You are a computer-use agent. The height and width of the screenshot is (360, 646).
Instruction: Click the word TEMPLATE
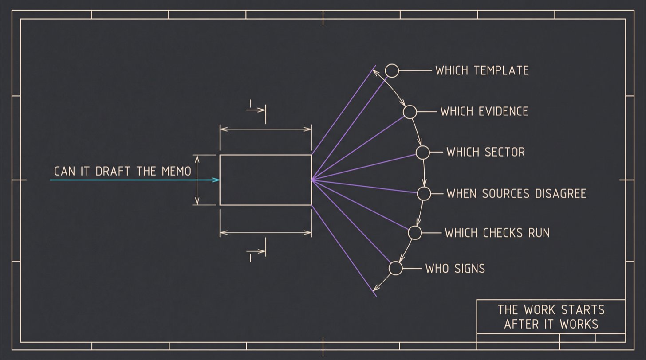point(501,70)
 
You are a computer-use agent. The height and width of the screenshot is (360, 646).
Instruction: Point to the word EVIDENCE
point(503,112)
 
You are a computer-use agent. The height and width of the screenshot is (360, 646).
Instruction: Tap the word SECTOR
point(505,152)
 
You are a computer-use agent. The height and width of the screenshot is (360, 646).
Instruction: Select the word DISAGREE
point(561,193)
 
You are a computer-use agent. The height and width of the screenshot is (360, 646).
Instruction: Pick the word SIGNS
point(470,269)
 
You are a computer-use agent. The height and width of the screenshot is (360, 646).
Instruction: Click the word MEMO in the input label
point(176,171)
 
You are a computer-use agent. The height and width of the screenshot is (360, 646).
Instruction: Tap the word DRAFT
point(113,171)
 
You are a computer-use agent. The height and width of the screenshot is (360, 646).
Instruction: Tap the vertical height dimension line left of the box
point(197,180)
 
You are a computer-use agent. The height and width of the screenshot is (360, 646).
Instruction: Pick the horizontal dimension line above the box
point(266,129)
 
